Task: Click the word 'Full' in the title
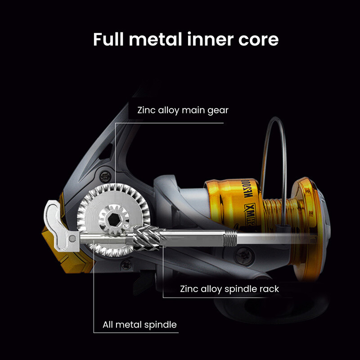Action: click(108, 39)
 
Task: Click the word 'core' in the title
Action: click(259, 39)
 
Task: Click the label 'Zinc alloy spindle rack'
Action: click(229, 289)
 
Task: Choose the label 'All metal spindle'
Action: click(140, 324)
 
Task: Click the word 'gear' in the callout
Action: click(218, 110)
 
